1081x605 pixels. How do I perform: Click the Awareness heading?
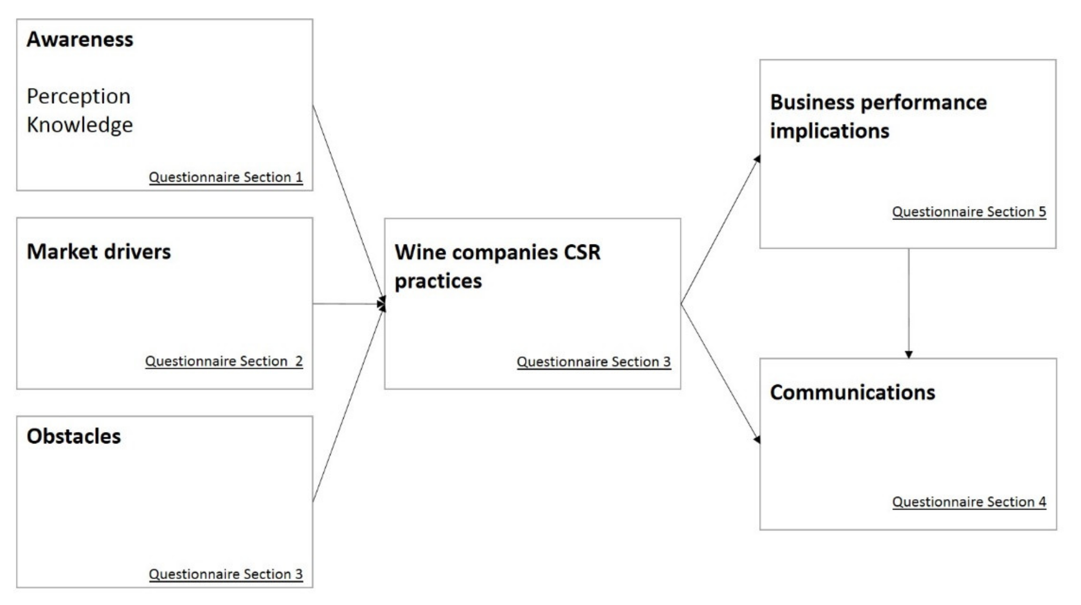point(80,40)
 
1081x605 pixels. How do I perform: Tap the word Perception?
point(78,96)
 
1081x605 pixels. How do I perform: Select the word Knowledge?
point(80,125)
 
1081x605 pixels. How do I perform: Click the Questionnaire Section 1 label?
point(226,177)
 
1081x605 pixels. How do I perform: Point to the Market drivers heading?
point(98,252)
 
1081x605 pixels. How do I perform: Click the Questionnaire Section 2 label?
point(224,361)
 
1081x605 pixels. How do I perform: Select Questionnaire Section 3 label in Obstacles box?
point(226,574)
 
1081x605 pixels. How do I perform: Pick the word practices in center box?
point(438,281)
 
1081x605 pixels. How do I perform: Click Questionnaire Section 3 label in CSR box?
point(594,362)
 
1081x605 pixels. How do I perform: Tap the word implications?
point(830,131)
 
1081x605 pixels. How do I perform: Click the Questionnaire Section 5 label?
point(969,212)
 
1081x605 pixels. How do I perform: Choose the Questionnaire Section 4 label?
point(969,502)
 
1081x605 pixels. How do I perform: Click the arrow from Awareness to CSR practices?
point(348,202)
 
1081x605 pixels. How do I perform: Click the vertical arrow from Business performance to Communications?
point(909,302)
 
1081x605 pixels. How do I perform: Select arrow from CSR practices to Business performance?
point(720,231)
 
